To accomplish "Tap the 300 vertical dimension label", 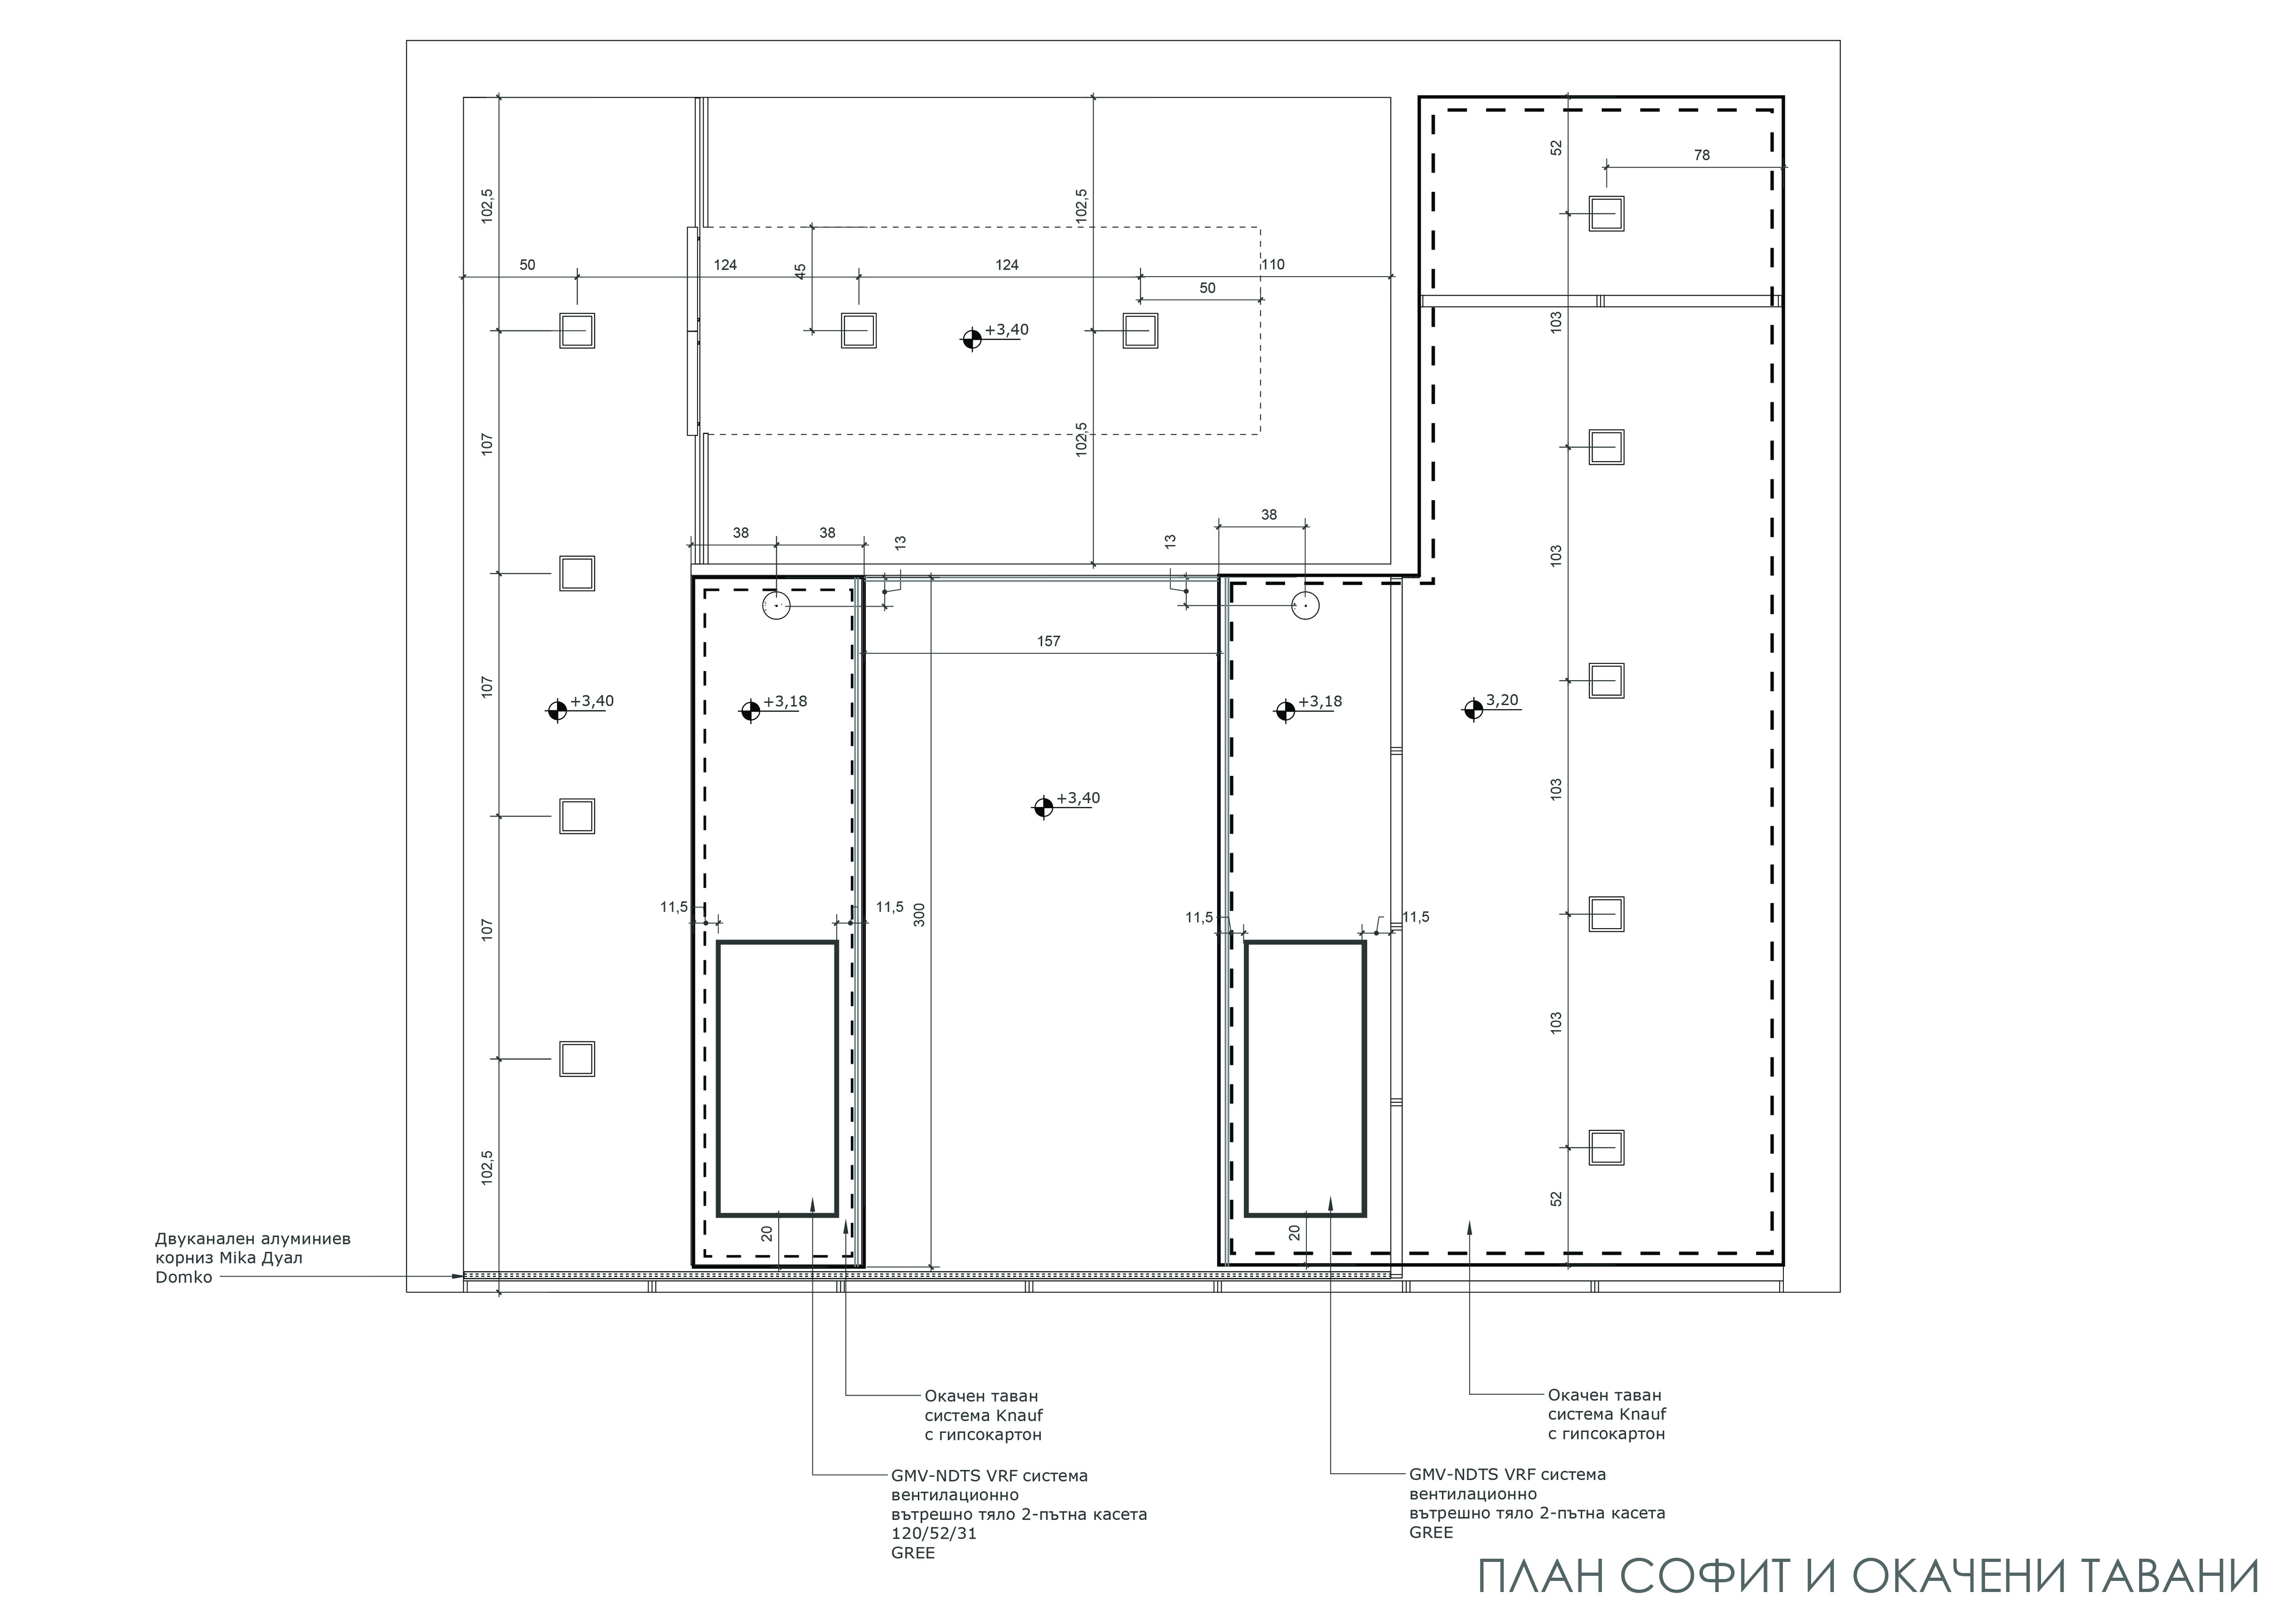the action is [x=920, y=914].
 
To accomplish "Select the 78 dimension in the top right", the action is [x=1701, y=155].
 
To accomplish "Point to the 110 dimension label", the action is [x=1273, y=265].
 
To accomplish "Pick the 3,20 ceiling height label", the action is [x=1503, y=700].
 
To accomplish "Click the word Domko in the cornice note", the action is [x=184, y=1277].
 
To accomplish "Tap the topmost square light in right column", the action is [x=1606, y=214].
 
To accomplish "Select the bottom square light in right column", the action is [x=1606, y=1147].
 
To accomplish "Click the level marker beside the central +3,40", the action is [x=1043, y=806].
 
